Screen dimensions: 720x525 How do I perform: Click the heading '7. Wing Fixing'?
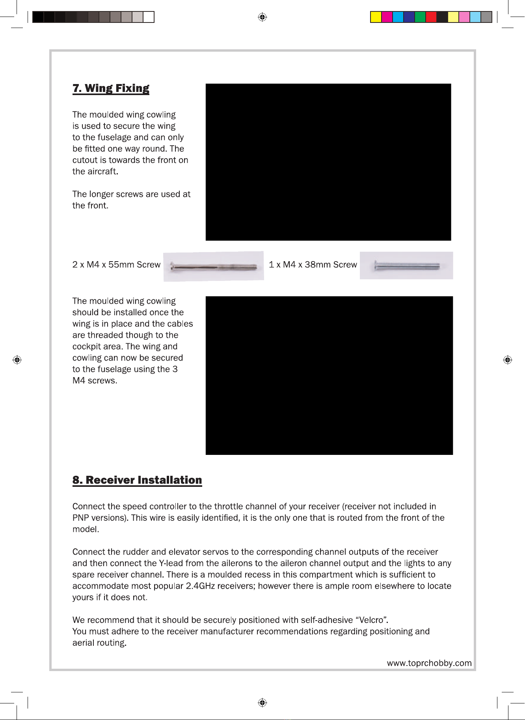point(111,88)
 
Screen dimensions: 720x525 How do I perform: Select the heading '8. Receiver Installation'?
point(137,480)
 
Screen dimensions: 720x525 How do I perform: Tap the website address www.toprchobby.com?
point(429,663)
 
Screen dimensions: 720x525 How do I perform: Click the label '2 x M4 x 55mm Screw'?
point(116,265)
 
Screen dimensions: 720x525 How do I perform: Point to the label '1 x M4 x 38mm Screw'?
point(313,265)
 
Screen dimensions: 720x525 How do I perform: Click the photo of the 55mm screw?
point(214,267)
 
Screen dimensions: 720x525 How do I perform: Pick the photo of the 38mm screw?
point(406,266)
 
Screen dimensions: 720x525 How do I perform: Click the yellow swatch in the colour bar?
point(376,17)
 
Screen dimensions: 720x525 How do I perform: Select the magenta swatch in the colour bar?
point(387,17)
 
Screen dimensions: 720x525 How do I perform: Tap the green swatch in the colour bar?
point(420,17)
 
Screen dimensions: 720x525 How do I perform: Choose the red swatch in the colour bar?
point(431,17)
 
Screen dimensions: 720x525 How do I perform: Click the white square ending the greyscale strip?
point(149,17)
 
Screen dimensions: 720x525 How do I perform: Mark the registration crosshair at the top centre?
point(262,17)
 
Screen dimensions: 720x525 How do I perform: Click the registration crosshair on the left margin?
point(17,360)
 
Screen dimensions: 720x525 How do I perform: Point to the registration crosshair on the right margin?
point(508,360)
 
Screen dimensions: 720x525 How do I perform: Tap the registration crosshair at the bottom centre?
point(262,703)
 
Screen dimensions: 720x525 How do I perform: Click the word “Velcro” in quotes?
point(371,620)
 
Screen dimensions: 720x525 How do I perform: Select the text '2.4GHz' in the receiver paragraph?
point(200,586)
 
